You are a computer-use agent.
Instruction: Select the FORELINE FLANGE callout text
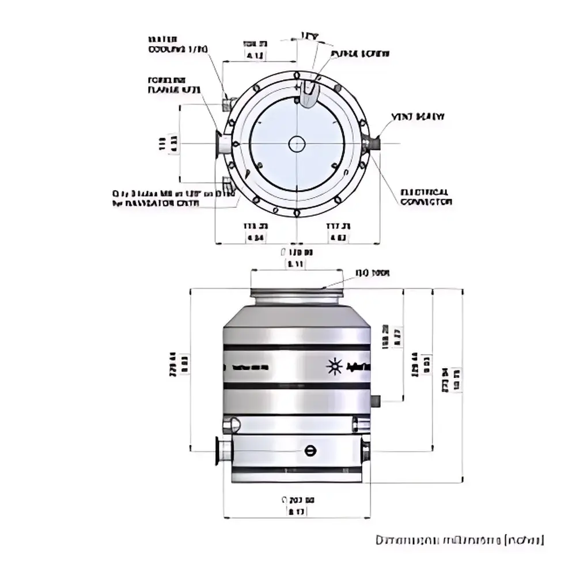pyautogui.click(x=174, y=86)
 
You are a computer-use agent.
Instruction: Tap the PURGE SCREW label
pyautogui.click(x=359, y=54)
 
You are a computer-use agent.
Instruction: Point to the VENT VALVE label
pyautogui.click(x=419, y=117)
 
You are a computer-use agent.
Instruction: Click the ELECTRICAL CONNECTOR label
pyautogui.click(x=426, y=197)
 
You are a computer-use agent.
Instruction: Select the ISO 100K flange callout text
pyautogui.click(x=372, y=273)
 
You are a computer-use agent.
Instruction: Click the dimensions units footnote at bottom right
pyautogui.click(x=459, y=540)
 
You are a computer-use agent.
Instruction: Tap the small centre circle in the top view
pyautogui.click(x=297, y=143)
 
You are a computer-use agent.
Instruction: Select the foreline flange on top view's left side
pyautogui.click(x=221, y=143)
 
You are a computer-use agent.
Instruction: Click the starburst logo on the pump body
pyautogui.click(x=333, y=366)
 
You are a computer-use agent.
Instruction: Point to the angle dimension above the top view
pyautogui.click(x=309, y=36)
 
